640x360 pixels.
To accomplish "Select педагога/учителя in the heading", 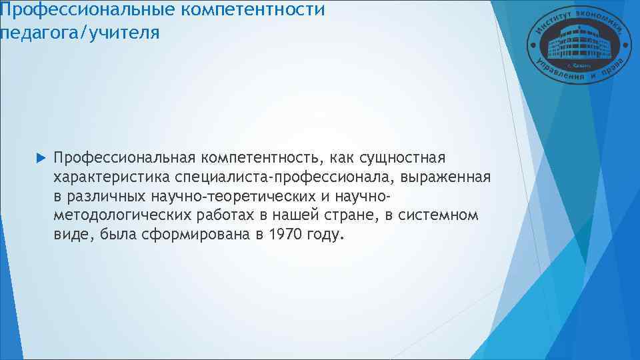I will [x=80, y=32].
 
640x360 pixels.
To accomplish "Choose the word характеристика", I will [x=113, y=177].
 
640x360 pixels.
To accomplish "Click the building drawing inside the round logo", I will [x=574, y=44].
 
